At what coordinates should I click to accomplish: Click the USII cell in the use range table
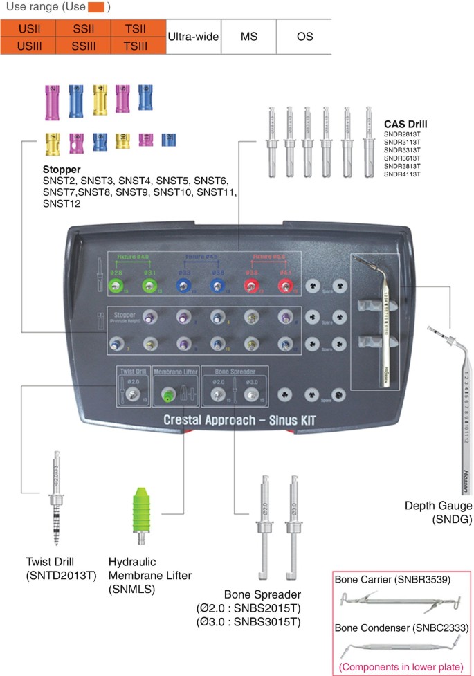coord(28,29)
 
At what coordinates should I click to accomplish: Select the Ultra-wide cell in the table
coord(194,37)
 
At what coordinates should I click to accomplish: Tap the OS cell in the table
coord(304,37)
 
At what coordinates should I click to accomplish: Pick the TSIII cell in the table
coord(138,46)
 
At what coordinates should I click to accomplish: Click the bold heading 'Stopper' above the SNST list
coord(62,168)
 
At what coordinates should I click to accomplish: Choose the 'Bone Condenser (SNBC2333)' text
coord(402,628)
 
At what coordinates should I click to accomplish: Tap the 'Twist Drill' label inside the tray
coord(133,372)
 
